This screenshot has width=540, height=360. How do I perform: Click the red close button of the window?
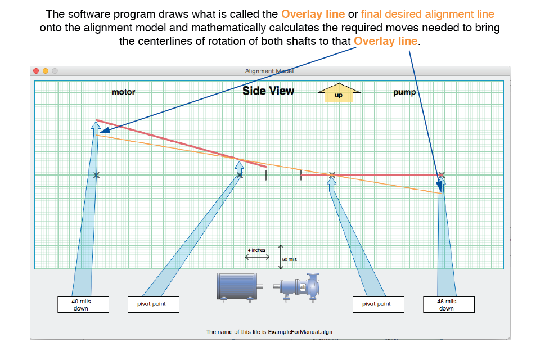[36, 71]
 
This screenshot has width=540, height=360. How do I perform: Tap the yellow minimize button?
[46, 71]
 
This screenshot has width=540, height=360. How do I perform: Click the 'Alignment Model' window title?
[269, 71]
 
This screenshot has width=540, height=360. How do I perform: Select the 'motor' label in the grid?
[123, 92]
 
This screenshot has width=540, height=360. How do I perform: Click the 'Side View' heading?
[268, 91]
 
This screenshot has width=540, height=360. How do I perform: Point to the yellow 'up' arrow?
[339, 93]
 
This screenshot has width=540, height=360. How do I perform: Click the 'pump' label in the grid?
[404, 92]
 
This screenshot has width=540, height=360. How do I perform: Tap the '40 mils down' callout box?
[83, 304]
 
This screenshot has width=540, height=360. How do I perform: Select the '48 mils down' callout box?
[449, 304]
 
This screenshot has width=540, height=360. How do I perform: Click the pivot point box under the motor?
[153, 304]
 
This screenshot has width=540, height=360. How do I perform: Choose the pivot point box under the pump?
[379, 304]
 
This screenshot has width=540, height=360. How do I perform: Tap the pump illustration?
[297, 287]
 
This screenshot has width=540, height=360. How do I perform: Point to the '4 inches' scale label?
[256, 250]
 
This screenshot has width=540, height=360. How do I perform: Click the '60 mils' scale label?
[289, 259]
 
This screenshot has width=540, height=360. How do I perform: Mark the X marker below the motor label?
[96, 175]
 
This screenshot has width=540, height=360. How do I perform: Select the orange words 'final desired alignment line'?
[427, 14]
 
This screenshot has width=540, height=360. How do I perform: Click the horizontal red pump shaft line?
[371, 175]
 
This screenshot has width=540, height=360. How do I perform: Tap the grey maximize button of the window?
[55, 71]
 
